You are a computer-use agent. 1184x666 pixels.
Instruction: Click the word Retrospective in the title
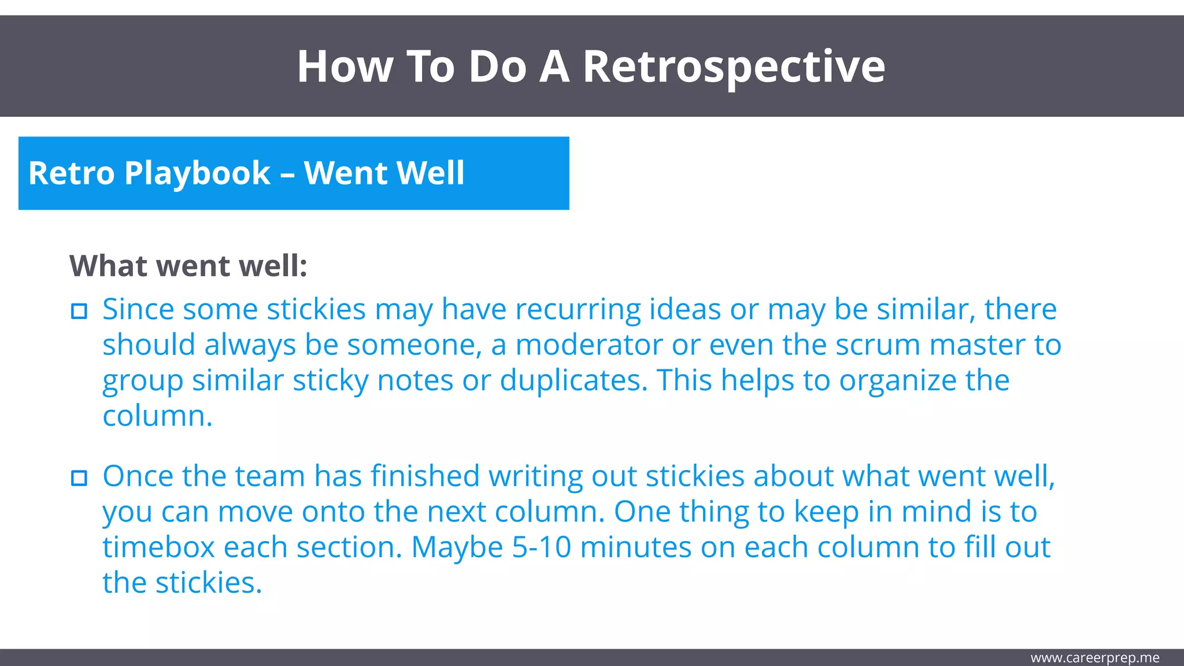pos(733,67)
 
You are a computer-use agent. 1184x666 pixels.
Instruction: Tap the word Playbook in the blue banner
pos(197,173)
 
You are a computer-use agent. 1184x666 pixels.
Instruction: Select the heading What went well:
pos(188,266)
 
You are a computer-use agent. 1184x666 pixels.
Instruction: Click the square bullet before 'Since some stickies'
pos(79,311)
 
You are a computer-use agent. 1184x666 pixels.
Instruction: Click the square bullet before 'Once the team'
pos(79,478)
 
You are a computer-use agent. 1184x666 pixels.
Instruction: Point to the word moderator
pos(589,345)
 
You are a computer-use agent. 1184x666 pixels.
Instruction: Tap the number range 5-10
pos(541,547)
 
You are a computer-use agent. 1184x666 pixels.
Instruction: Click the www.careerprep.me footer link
pos(1094,658)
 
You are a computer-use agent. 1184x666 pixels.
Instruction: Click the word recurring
pos(578,309)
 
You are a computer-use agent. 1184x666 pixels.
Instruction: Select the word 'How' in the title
pos(345,67)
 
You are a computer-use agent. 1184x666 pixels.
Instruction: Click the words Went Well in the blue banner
pos(384,173)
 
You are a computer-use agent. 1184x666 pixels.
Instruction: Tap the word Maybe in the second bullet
pos(457,547)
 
